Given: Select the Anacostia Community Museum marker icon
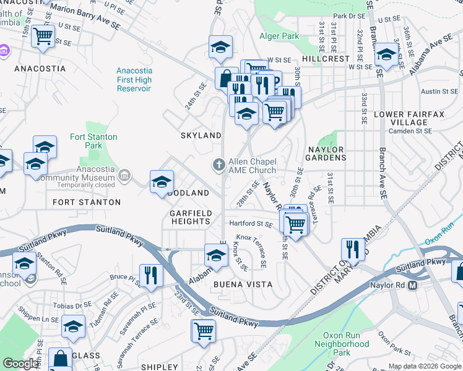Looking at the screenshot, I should tap(126, 176).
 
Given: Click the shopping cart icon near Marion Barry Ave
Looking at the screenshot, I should tap(43, 36).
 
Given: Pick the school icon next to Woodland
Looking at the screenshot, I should tap(162, 181).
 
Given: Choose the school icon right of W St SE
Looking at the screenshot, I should tap(386, 55).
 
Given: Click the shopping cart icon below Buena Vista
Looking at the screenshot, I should tap(203, 330).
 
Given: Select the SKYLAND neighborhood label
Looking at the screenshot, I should tap(201, 135).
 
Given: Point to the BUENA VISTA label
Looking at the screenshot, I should tap(243, 284).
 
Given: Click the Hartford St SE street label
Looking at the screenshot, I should tap(251, 223).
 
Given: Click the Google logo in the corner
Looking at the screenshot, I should tap(20, 364).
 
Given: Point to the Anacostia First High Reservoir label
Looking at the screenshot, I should tap(134, 80).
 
